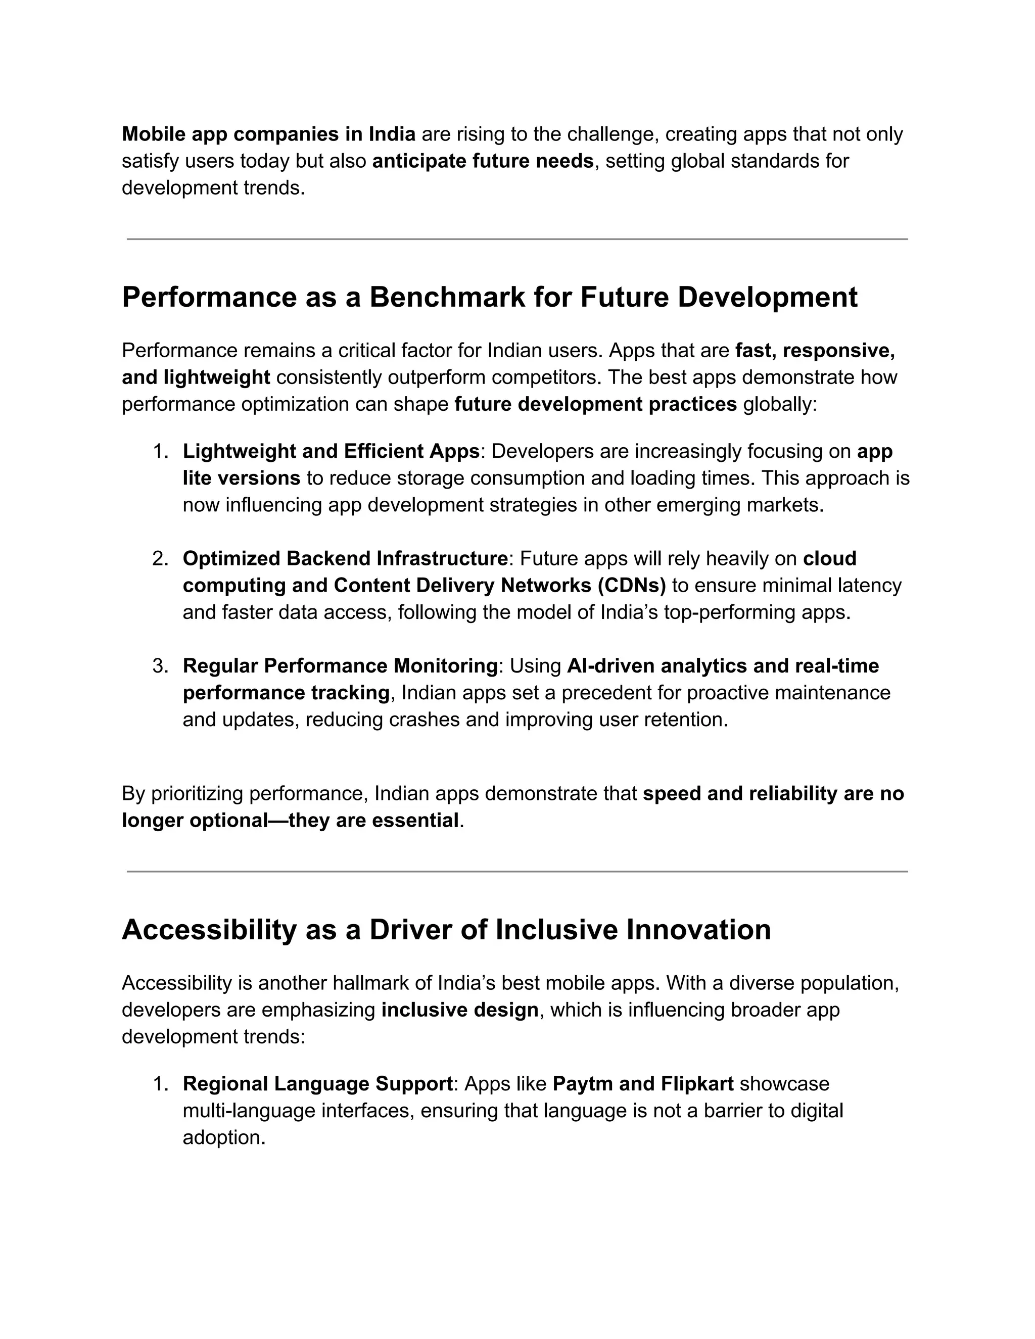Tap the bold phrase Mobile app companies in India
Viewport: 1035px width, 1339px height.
point(268,134)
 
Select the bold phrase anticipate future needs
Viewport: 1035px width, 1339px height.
point(483,161)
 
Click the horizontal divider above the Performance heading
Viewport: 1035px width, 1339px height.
point(517,239)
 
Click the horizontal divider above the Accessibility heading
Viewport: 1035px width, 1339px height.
point(517,871)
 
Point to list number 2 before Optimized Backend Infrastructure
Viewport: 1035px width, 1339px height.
point(160,558)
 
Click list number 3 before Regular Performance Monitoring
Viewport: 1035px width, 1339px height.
point(160,666)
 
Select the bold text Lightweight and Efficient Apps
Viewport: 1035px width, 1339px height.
point(331,451)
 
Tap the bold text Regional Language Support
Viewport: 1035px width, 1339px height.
point(317,1084)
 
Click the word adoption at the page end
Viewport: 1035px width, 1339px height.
point(223,1138)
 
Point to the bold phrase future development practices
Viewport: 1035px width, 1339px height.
point(595,405)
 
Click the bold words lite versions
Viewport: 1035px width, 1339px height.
point(241,478)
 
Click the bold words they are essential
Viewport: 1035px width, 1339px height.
point(373,820)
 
